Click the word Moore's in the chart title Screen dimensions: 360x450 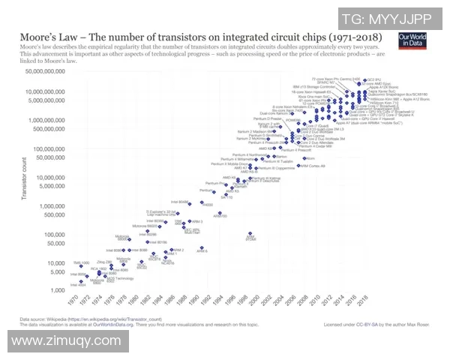point(34,37)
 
